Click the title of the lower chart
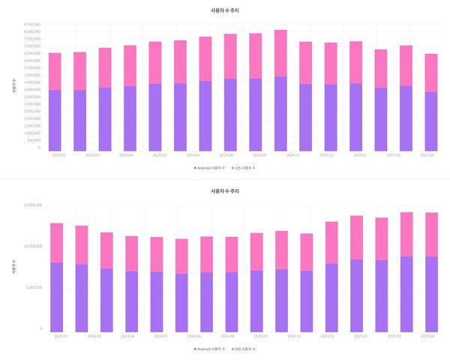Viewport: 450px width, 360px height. [225, 191]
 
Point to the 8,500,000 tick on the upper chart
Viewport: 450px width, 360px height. [31, 24]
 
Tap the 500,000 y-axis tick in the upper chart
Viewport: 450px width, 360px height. [33, 140]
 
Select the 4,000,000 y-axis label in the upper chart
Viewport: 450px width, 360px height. [31, 90]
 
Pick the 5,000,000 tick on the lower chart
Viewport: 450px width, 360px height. [32, 287]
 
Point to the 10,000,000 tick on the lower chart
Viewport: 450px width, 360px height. [31, 246]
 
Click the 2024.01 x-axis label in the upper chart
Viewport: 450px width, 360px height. [58, 155]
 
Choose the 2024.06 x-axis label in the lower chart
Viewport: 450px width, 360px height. [193, 336]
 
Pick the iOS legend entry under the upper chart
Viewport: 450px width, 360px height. [244, 168]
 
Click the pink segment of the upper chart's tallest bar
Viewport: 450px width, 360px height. [280, 52]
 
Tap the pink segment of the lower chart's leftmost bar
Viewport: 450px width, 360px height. [56, 242]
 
